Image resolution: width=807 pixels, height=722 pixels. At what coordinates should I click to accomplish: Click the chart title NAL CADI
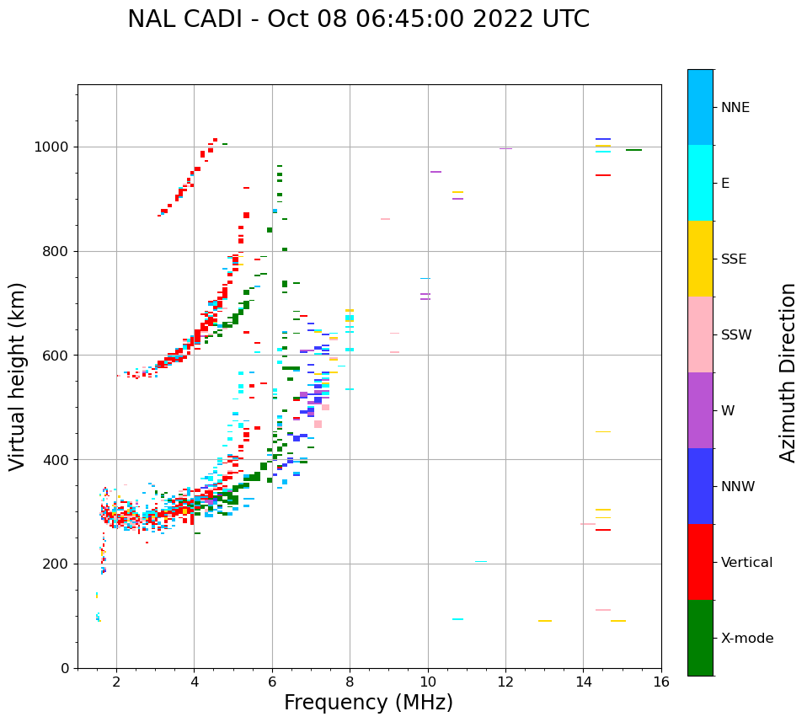[x=358, y=19]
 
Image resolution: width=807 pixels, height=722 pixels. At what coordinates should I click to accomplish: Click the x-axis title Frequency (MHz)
[x=368, y=703]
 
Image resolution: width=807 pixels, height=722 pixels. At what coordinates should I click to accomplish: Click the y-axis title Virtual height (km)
[x=18, y=377]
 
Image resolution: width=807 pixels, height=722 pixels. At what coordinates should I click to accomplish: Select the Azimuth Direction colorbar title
[x=788, y=372]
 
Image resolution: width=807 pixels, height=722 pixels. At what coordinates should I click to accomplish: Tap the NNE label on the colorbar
[x=735, y=108]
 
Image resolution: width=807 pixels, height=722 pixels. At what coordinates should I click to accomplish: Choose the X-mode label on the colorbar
[x=746, y=639]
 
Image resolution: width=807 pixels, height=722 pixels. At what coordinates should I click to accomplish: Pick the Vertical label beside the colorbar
[x=746, y=563]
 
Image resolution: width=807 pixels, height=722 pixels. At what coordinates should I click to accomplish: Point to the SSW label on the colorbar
[x=736, y=335]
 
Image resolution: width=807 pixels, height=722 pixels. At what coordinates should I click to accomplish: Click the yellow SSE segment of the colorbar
[x=700, y=259]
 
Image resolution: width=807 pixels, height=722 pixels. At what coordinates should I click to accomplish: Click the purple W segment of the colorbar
[x=700, y=410]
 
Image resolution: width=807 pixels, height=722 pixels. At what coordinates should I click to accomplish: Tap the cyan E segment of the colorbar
[x=700, y=183]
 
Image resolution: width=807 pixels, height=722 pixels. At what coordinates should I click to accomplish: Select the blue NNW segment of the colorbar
[x=700, y=486]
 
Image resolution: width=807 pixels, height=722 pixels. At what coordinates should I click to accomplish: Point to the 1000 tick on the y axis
[x=56, y=147]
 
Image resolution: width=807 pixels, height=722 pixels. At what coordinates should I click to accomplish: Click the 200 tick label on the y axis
[x=59, y=564]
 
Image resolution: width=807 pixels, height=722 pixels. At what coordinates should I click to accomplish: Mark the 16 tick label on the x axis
[x=661, y=682]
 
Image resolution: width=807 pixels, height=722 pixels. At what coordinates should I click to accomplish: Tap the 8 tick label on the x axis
[x=350, y=682]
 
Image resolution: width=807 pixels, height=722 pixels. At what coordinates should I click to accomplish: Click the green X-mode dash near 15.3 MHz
[x=633, y=150]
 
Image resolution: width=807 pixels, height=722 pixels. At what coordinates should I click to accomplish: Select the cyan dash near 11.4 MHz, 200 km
[x=480, y=562]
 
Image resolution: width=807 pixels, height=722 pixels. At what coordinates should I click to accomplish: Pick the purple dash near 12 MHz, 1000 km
[x=505, y=148]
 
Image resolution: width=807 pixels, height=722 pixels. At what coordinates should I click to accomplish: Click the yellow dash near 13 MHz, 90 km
[x=545, y=621]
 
